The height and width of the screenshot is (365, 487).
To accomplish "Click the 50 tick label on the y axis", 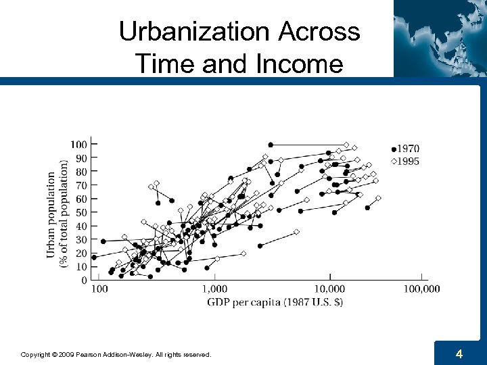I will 80,212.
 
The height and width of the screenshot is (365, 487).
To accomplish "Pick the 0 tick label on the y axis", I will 83,280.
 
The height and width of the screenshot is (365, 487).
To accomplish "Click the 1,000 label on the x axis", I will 214,289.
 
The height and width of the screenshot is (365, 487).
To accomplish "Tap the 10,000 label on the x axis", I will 331,289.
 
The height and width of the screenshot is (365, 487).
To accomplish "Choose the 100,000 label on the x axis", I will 421,289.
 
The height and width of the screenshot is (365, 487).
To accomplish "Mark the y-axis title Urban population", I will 51,213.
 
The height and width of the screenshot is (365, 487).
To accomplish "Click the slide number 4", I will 459,354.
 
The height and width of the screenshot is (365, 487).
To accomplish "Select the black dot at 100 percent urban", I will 271,145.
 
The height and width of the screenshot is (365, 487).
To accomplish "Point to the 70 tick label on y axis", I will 80,185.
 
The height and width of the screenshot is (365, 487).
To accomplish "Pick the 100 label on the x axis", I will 99,289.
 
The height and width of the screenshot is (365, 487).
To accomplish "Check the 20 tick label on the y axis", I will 80,253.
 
